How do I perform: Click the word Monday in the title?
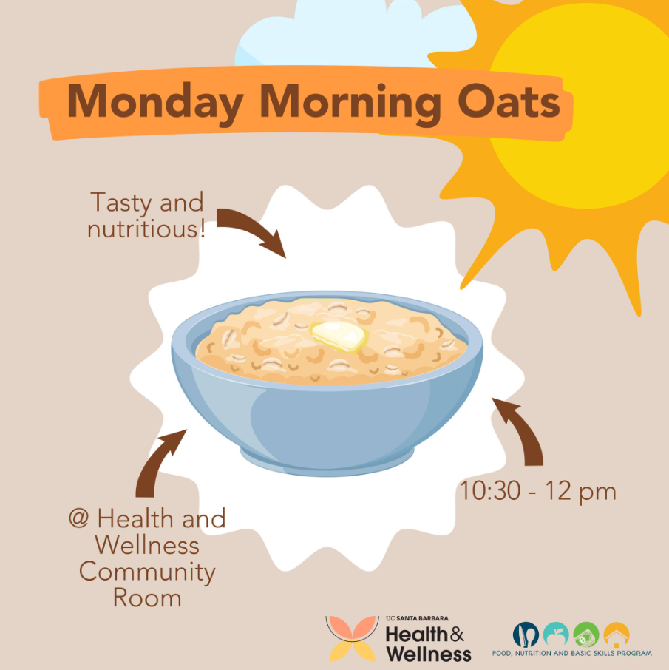pos(155,103)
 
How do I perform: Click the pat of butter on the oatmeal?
pos(339,336)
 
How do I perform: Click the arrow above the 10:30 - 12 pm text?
pos(521,429)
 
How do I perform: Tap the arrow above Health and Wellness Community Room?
pos(157,462)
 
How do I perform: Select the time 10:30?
pos(490,491)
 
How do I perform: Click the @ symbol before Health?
pos(78,518)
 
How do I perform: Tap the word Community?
pos(147,572)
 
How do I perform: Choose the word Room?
pos(147,598)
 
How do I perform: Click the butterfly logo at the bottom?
pos(352,638)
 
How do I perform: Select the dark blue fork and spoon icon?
pos(526,635)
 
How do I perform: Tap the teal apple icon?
pos(556,635)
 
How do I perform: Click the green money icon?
pos(586,635)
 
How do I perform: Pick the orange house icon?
pos(617,635)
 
